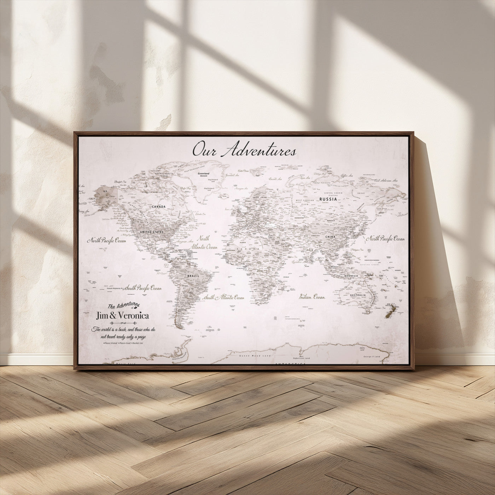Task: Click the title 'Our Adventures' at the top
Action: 244,150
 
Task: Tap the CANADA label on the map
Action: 159,206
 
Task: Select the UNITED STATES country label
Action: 152,232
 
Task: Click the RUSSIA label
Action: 328,199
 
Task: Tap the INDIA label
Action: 309,250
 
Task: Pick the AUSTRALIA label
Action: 357,295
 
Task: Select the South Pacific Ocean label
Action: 142,288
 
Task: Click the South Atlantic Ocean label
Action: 223,298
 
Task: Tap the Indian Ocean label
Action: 312,297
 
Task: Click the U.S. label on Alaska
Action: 105,192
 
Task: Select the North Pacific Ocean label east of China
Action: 385,239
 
